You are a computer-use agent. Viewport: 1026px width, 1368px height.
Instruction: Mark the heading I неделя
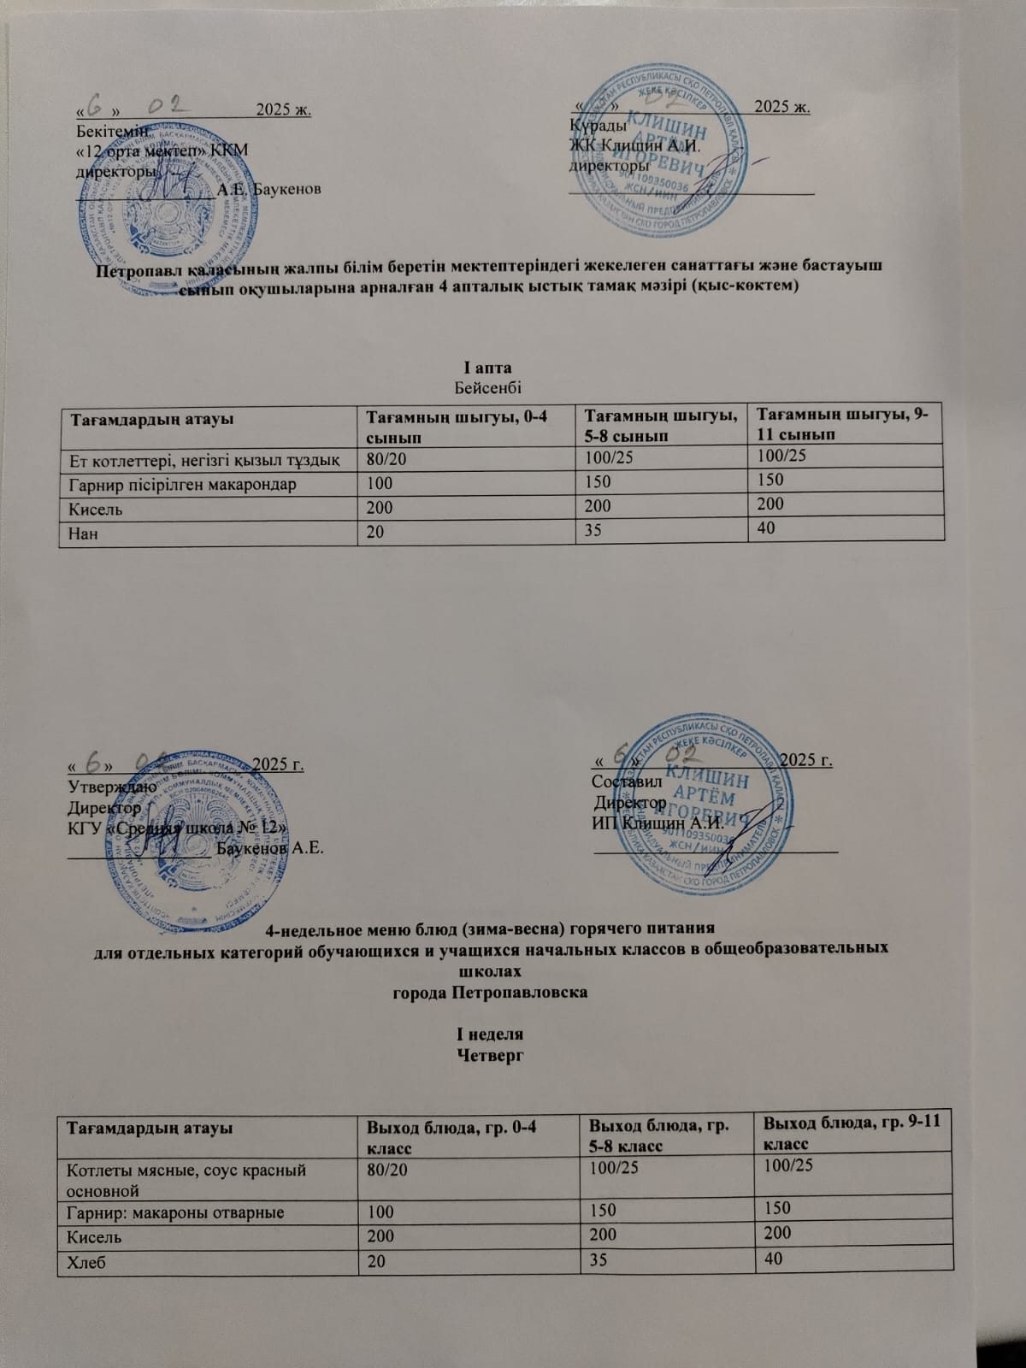click(x=489, y=1036)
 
